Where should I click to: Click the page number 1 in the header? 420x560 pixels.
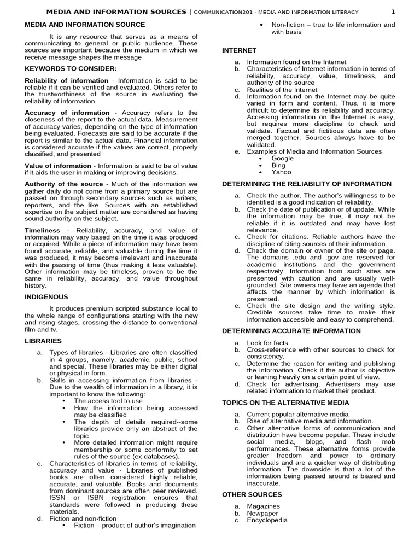click(x=392, y=11)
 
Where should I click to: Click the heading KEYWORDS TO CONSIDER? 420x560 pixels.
click(x=71, y=68)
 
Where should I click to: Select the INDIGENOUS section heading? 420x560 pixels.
click(x=46, y=296)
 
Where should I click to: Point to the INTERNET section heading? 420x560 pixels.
click(x=239, y=50)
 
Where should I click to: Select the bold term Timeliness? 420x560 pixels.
click(x=42, y=231)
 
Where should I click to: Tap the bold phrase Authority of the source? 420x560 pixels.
click(x=64, y=184)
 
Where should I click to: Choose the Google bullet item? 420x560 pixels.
click(x=282, y=158)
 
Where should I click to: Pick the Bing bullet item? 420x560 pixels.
click(x=278, y=165)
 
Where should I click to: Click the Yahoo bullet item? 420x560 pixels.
click(x=281, y=172)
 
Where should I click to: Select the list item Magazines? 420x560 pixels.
click(x=263, y=506)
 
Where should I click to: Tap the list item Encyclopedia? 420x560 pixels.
click(x=267, y=520)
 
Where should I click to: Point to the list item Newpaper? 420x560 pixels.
click(x=262, y=514)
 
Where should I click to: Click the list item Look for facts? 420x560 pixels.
click(x=268, y=343)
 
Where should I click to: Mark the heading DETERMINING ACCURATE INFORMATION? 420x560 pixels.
click(x=291, y=331)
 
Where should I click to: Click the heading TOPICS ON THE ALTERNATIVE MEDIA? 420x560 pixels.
click(x=285, y=402)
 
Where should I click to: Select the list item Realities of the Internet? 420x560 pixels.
click(x=282, y=90)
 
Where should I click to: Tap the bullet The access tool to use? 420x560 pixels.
click(x=108, y=401)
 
